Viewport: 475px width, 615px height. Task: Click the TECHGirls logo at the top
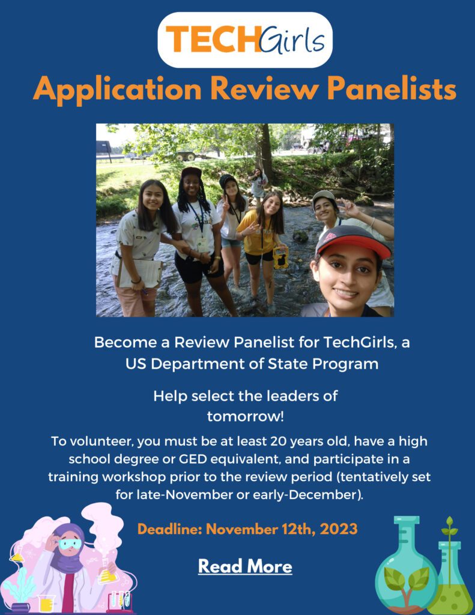244,40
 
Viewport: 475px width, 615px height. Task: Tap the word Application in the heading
118,90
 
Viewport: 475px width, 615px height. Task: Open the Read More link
245,566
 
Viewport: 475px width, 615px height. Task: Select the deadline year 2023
337,529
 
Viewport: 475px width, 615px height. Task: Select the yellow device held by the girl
280,257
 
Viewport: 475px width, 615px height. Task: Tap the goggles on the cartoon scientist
70,544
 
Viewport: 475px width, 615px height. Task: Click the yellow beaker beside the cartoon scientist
45,602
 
